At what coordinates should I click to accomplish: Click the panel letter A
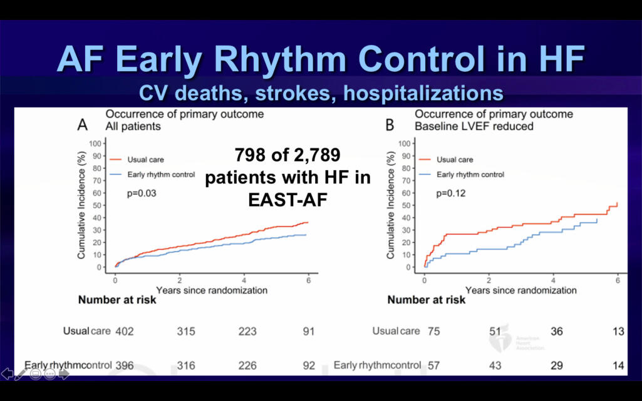(81, 125)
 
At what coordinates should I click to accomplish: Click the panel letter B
(390, 125)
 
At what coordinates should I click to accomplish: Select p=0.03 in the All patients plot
(141, 193)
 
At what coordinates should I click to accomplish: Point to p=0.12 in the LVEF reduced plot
(451, 193)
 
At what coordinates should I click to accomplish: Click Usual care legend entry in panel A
(146, 160)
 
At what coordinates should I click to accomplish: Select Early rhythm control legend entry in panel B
(470, 175)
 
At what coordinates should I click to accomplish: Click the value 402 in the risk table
(125, 332)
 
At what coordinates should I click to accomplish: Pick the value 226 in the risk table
(247, 365)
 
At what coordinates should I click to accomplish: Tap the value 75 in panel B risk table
(433, 332)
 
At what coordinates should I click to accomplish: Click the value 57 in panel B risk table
(433, 365)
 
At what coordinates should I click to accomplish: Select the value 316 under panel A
(186, 365)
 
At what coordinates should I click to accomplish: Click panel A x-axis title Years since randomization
(212, 290)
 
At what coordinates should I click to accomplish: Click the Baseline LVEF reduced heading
(474, 126)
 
